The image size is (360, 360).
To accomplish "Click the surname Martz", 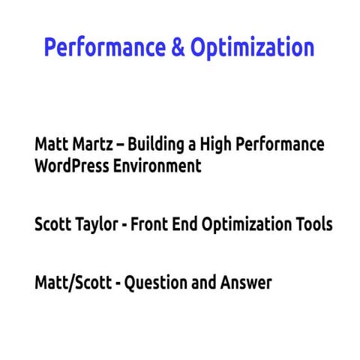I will point(91,144).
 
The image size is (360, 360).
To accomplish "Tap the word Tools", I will point(314,224).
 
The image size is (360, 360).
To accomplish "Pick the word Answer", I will point(245,283).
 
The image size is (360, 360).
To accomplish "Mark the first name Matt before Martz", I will point(50,144).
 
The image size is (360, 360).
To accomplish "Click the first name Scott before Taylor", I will point(54,224).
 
